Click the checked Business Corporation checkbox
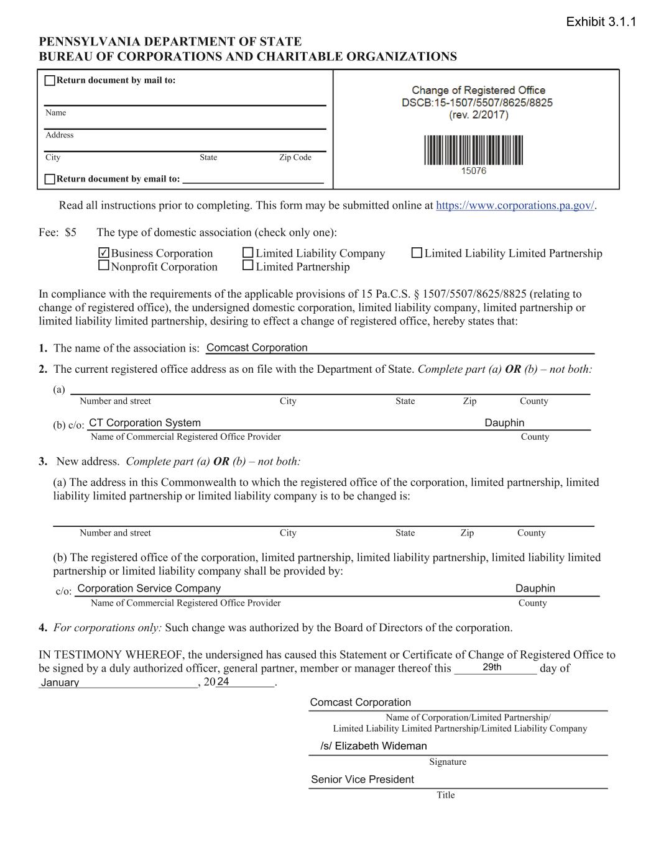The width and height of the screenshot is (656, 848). (x=104, y=253)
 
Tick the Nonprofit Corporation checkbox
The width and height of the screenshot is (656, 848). (x=104, y=266)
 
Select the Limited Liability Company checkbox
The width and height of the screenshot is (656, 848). (x=248, y=253)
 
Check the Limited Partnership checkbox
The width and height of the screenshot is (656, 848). (x=248, y=266)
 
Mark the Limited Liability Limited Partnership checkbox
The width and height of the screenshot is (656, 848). (x=417, y=253)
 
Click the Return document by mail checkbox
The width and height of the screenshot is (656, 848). (x=50, y=81)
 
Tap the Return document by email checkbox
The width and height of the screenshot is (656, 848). (x=50, y=180)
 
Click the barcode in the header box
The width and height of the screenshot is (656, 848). (x=473, y=150)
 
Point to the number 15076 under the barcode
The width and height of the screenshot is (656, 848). (x=473, y=171)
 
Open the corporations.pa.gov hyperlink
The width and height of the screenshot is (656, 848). (x=515, y=206)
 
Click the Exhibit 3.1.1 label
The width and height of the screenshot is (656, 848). (x=601, y=22)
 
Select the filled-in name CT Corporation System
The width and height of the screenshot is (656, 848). (x=145, y=423)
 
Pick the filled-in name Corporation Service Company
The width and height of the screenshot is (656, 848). (x=149, y=588)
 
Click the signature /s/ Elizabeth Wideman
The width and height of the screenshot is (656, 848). (x=374, y=746)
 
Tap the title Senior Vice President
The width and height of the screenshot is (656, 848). (x=363, y=780)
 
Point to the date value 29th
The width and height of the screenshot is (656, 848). (x=492, y=668)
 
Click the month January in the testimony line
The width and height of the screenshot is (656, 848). (x=60, y=683)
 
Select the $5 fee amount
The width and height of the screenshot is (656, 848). (x=70, y=233)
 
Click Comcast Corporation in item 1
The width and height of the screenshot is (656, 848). (x=257, y=348)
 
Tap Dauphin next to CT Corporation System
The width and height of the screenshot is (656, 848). (x=504, y=423)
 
